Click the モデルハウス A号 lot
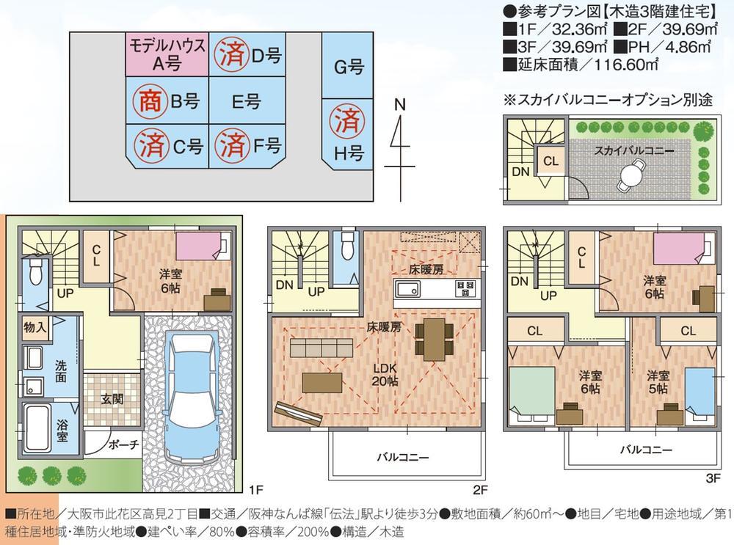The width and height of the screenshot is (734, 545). tap(167, 54)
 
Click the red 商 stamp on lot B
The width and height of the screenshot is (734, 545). tap(146, 101)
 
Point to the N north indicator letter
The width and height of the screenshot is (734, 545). tap(400, 105)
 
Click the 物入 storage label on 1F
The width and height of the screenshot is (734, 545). tap(35, 326)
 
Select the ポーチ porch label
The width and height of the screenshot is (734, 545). tap(123, 444)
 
